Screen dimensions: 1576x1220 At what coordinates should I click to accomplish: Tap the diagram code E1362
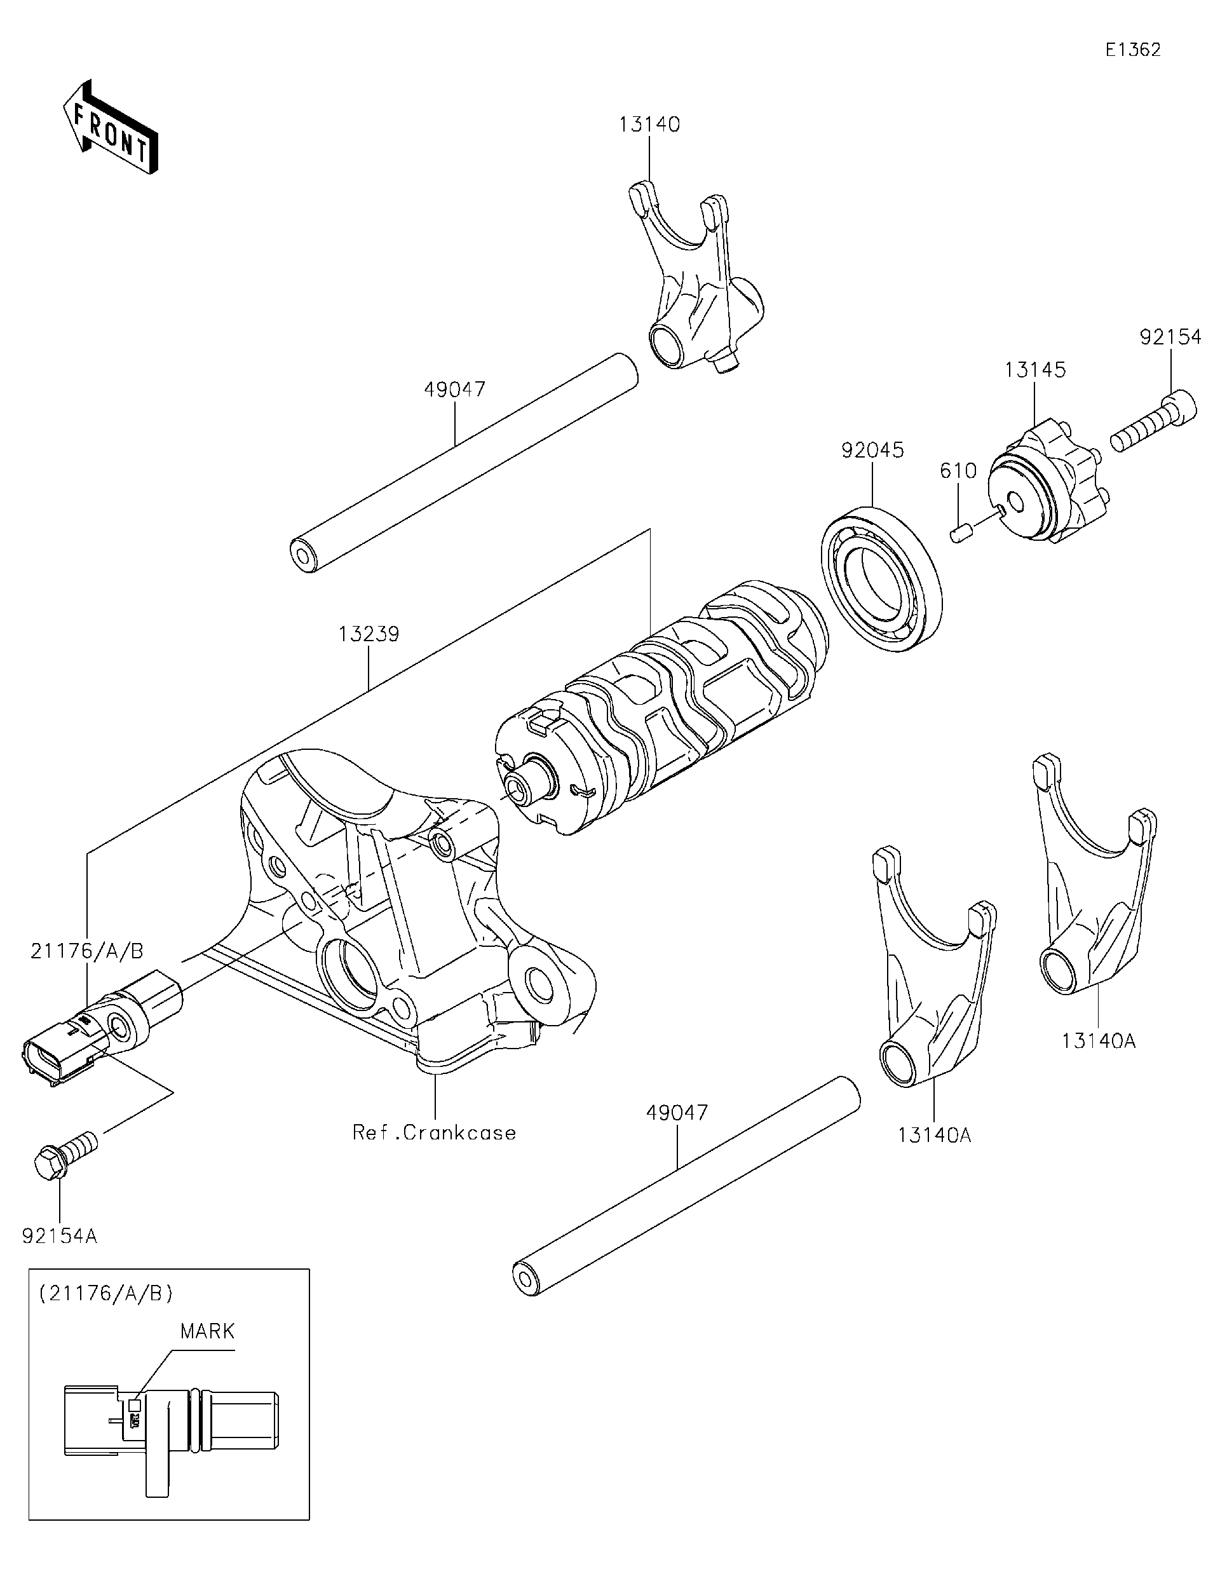(x=1133, y=50)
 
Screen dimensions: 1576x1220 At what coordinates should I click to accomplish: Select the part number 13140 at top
(x=649, y=125)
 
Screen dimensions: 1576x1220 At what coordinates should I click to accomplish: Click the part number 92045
(x=872, y=451)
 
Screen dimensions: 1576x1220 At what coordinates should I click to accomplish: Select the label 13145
(x=1034, y=370)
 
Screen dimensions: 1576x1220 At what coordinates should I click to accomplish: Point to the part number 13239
(x=369, y=634)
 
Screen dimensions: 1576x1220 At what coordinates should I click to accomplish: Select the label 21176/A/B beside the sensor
(x=87, y=951)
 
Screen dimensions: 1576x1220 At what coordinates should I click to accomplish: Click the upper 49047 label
(x=454, y=390)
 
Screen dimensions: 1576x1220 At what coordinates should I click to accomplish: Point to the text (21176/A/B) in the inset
(x=106, y=1293)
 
